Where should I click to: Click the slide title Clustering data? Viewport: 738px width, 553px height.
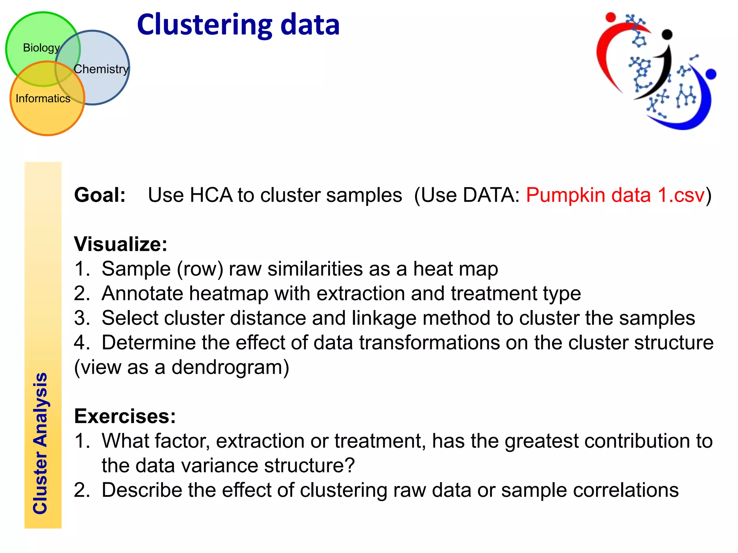(x=238, y=25)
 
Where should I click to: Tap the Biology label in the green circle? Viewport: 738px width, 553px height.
(x=41, y=48)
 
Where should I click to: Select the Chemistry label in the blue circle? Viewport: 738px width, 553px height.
(x=101, y=69)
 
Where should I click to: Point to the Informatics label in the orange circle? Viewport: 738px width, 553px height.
(x=43, y=98)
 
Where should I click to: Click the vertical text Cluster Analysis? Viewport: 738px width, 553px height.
(x=40, y=443)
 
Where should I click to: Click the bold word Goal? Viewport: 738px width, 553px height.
(x=100, y=195)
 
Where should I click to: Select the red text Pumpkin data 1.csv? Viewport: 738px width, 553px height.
(x=615, y=195)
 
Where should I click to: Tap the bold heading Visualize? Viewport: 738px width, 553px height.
(x=121, y=244)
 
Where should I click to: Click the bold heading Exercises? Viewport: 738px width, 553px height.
(x=125, y=416)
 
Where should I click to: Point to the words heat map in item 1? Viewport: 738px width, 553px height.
(x=455, y=269)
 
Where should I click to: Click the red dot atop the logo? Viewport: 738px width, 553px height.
(x=610, y=17)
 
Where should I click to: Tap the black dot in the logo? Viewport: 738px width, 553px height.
(x=667, y=34)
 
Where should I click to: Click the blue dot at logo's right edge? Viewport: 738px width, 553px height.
(x=711, y=74)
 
